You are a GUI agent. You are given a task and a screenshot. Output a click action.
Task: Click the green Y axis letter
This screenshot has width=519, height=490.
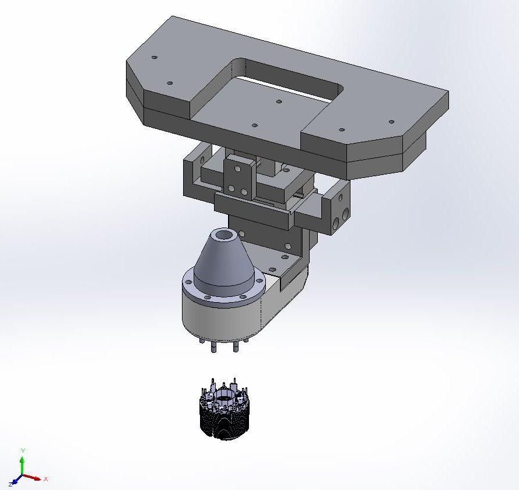coord(23,450)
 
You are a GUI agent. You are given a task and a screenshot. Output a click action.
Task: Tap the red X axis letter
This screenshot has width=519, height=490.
coord(45,479)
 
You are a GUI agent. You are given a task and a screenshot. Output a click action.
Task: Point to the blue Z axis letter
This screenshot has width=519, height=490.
coord(10,485)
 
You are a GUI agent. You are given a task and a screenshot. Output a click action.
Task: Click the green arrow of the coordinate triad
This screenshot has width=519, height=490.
coord(22,465)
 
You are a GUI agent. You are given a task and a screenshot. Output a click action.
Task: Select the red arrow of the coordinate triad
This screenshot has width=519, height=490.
coord(32,477)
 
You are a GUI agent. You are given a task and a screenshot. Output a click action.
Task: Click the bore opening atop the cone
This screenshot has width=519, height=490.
coord(225,236)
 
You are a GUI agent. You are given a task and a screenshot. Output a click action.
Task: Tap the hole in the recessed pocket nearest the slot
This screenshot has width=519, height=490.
coord(279,101)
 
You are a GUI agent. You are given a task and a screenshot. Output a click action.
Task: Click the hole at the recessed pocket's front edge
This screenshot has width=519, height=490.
coord(254,125)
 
